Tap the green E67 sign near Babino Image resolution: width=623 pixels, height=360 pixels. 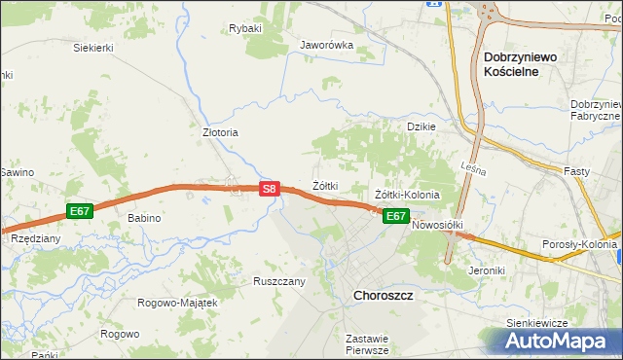tap(80, 210)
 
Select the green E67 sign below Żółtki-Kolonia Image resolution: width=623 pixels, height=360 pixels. tap(394, 216)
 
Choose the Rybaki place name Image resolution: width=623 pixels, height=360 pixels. tap(245, 29)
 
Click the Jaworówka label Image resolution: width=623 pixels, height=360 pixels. tap(326, 45)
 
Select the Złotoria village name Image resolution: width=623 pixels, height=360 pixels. tap(220, 132)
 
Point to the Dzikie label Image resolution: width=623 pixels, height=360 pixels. tap(421, 126)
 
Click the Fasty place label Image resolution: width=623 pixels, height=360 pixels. tap(577, 171)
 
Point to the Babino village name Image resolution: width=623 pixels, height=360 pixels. tap(144, 218)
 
